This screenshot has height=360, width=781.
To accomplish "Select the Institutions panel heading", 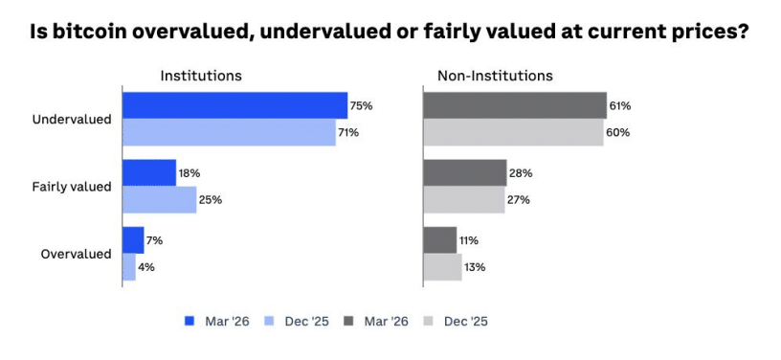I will (x=200, y=76).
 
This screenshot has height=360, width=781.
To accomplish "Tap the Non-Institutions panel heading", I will (x=495, y=76).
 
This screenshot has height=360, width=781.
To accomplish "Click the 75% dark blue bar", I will (x=234, y=105).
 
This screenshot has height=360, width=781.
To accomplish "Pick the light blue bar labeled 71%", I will (x=229, y=132).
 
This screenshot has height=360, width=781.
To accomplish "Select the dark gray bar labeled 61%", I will (x=515, y=105).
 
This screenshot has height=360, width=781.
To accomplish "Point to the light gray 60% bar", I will (x=513, y=132).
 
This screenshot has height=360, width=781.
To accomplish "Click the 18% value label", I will (x=188, y=173).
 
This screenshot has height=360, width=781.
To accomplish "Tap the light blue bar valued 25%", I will (x=159, y=200).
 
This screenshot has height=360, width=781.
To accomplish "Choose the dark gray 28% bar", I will (x=465, y=173).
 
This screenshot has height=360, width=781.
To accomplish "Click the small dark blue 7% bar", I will (x=133, y=240).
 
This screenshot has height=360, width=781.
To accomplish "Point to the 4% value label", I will (x=145, y=267).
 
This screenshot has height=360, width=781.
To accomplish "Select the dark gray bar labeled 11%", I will (x=440, y=240).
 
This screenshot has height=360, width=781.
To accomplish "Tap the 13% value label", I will (x=475, y=267).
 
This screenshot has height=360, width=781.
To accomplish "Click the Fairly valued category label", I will (x=72, y=187).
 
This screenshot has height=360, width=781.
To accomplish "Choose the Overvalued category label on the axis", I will (x=77, y=254).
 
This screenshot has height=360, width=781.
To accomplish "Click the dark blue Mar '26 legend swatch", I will (x=189, y=321).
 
